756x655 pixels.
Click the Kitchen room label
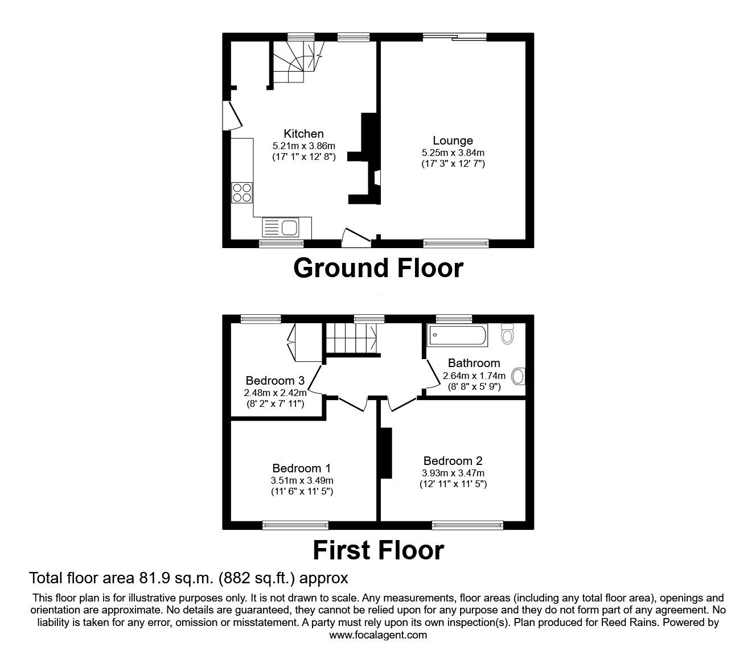pos(303,134)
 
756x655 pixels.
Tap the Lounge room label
pos(453,141)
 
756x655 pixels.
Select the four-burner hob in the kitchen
pos(241,192)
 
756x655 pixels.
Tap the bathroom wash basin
pos(518,376)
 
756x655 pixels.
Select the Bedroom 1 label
pos(301,468)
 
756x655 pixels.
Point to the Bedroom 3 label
pos(275,381)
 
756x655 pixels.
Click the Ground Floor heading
pos(378,268)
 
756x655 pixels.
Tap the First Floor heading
pos(378,550)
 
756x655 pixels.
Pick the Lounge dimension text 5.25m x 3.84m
pos(453,153)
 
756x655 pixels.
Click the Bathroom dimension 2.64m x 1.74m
pos(474,376)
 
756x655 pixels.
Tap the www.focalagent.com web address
pos(378,635)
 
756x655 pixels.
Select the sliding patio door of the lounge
pos(454,38)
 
